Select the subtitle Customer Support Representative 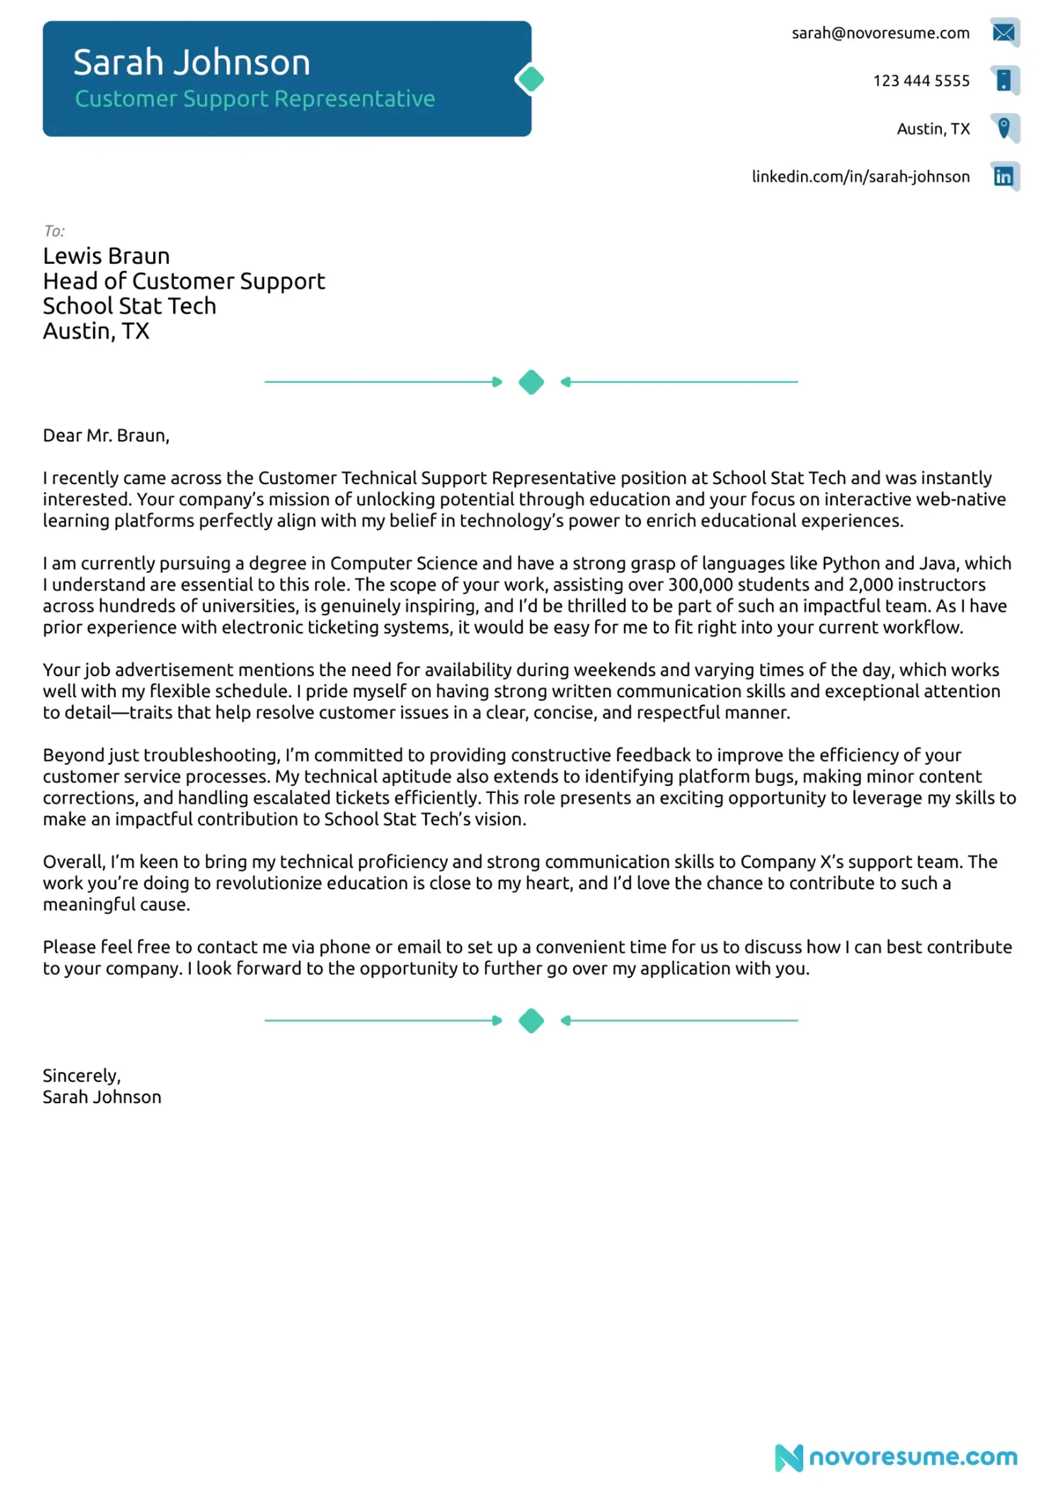point(254,99)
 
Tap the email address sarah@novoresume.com point(880,33)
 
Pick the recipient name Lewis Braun point(106,256)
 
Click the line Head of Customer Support point(184,282)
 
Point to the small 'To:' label point(54,231)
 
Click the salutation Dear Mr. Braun point(106,436)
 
